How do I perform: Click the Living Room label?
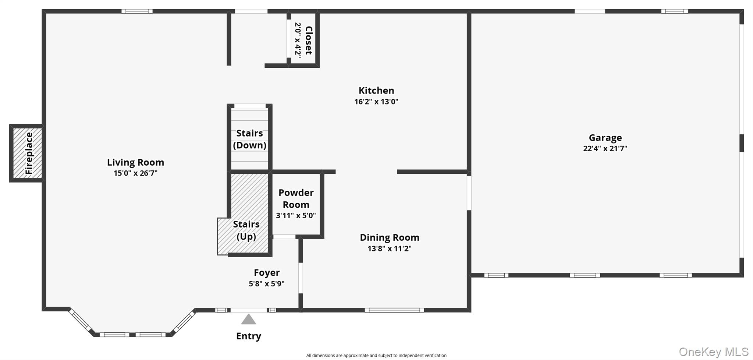[x=135, y=162]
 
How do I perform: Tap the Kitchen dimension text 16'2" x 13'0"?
[x=376, y=102]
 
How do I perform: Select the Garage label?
[x=605, y=138]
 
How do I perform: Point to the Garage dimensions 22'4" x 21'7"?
[x=605, y=149]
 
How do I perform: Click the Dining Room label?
[x=390, y=237]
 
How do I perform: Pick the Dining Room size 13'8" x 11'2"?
[x=390, y=248]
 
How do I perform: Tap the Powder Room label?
[x=296, y=199]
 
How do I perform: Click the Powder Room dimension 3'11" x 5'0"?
[x=296, y=216]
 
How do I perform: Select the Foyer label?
[x=267, y=273]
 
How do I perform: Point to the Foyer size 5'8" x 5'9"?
[x=267, y=284]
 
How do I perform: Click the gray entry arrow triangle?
[x=249, y=319]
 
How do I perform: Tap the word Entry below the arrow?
[x=249, y=336]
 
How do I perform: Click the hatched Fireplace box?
[x=28, y=153]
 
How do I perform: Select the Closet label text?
[x=309, y=40]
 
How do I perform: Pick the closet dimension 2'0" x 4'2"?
[x=298, y=40]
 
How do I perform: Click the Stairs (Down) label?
[x=250, y=139]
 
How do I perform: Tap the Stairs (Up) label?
[x=246, y=230]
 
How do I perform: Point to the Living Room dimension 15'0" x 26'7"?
[x=135, y=173]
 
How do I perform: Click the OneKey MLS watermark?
[x=713, y=352]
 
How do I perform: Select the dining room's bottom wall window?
[x=394, y=310]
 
